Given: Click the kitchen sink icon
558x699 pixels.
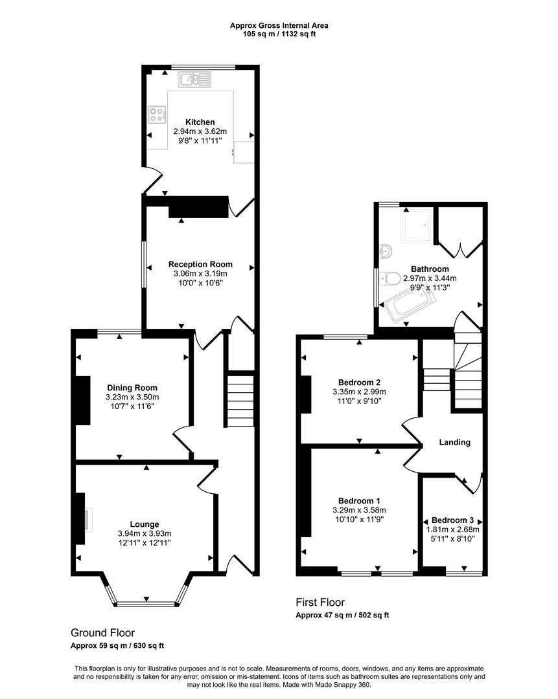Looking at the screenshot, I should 195,80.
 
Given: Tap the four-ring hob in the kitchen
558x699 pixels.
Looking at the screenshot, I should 156,115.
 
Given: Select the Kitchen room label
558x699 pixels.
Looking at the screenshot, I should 200,122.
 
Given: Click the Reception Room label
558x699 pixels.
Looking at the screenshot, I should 200,264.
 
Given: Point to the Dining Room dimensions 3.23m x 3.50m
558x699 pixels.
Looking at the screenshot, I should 132,397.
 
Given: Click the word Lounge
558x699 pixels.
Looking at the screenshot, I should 144,524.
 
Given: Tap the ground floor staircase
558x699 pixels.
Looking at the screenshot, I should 240,399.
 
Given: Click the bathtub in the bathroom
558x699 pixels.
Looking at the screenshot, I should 406,306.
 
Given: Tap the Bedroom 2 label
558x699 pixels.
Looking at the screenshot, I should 359,382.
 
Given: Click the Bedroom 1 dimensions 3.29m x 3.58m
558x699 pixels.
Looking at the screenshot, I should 359,510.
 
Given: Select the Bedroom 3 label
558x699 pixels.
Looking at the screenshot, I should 452,520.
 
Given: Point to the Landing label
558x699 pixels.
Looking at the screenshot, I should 454,443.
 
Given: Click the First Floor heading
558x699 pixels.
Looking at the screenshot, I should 320,602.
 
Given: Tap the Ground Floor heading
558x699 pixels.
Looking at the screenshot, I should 102,632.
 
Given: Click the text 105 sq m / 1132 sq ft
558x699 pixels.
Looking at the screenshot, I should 279,34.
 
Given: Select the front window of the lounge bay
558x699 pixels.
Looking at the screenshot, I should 146,605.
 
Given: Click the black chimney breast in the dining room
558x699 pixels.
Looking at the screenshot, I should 83,400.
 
